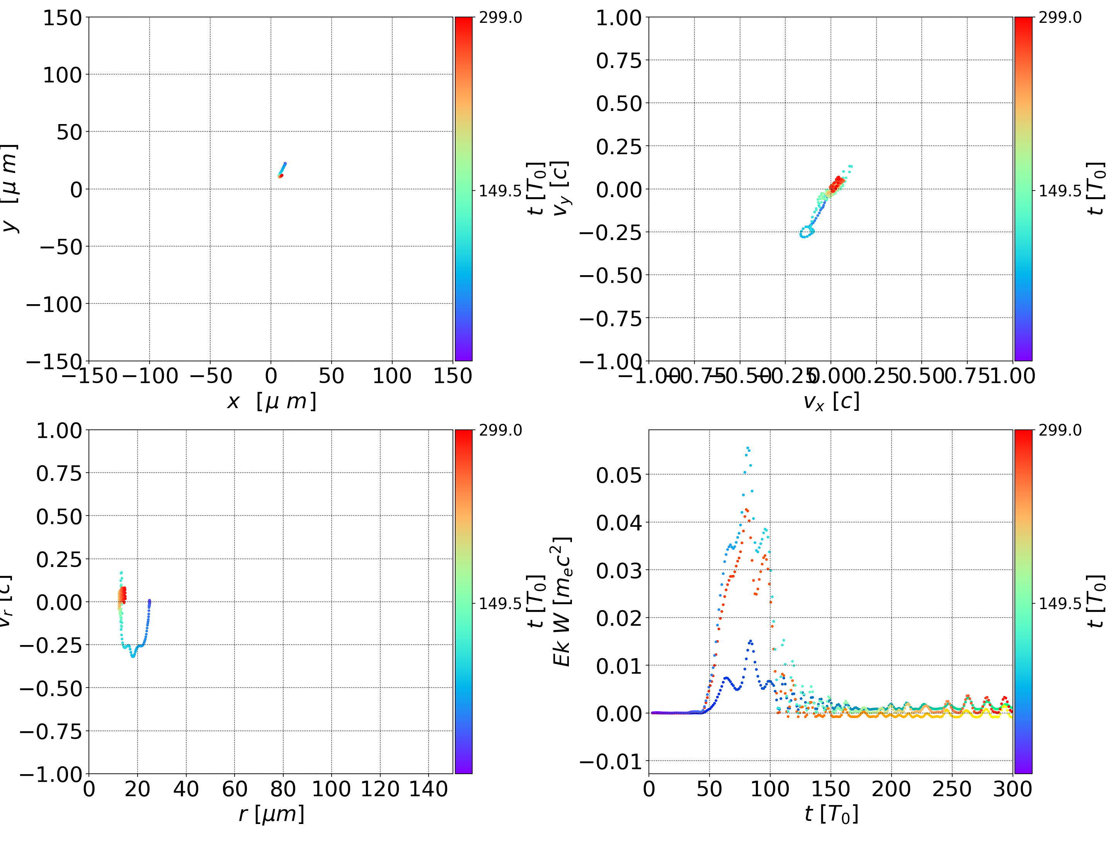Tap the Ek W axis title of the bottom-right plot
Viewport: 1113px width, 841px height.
[562, 601]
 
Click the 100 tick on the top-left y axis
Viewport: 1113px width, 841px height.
[62, 75]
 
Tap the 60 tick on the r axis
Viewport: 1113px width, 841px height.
[235, 789]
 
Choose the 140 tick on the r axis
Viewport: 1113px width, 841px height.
[428, 789]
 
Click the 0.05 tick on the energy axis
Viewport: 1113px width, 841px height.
[619, 475]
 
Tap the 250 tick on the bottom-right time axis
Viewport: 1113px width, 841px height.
[952, 789]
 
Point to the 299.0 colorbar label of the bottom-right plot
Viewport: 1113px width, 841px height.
[1060, 430]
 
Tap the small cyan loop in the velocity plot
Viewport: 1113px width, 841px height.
[807, 232]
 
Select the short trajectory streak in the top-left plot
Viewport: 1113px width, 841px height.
[282, 169]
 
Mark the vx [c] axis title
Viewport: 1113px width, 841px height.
[831, 402]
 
